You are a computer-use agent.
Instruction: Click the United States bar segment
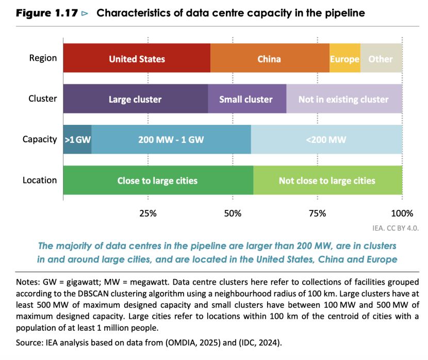[137, 59]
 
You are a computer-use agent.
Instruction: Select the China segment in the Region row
[270, 59]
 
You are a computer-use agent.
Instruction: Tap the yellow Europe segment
[344, 59]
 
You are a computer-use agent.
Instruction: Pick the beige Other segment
[381, 59]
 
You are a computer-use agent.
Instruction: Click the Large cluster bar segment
[135, 99]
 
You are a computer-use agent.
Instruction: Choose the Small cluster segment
[246, 99]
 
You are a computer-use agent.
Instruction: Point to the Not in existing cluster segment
[343, 99]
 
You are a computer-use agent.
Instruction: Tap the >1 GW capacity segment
[77, 139]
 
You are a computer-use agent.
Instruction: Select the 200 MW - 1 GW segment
[171, 139]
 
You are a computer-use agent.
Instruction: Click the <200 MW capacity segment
[326, 139]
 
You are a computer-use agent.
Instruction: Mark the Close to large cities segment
[158, 180]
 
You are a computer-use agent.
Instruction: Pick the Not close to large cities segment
[327, 180]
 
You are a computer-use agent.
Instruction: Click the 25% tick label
[148, 213]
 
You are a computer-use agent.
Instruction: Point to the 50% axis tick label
[233, 213]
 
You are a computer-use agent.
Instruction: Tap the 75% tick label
[317, 213]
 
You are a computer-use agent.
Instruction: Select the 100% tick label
[402, 213]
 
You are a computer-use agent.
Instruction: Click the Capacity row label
[40, 139]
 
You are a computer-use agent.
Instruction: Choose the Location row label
[40, 180]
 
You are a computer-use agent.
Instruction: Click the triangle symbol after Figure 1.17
[85, 13]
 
